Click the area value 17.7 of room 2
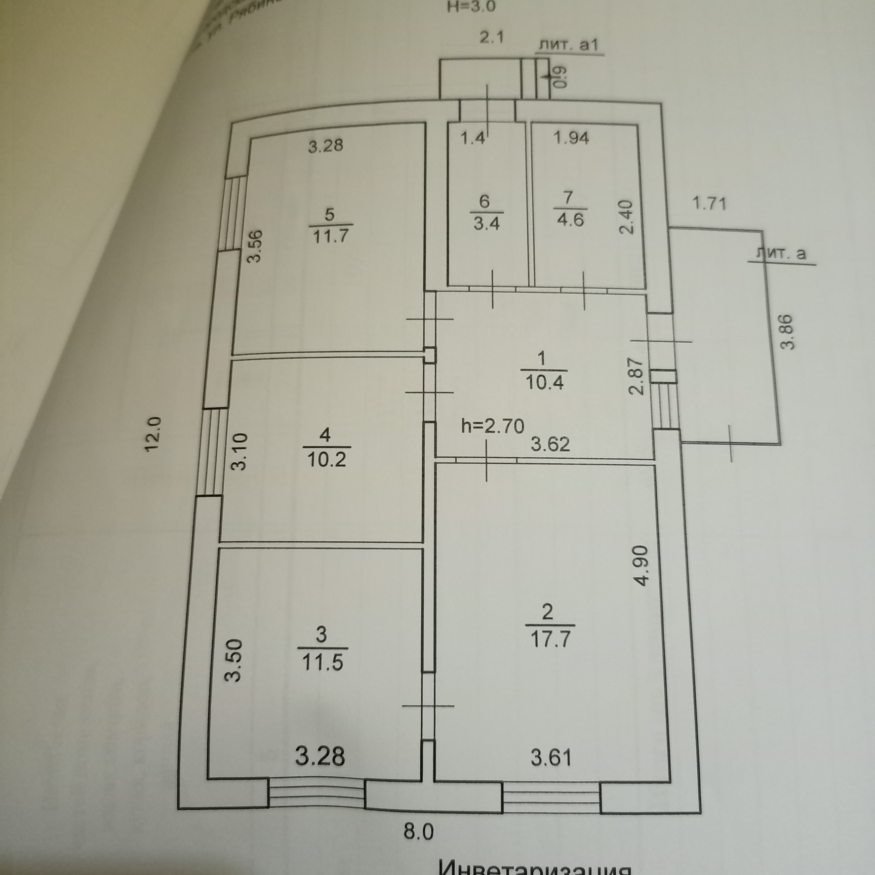(550, 640)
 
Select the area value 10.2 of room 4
(327, 459)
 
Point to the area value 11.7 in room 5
(331, 236)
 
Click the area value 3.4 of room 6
(486, 223)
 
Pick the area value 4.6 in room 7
(570, 220)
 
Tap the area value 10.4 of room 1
(544, 382)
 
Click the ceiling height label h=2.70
(493, 426)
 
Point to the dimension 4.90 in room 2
(641, 566)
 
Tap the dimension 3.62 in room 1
(550, 445)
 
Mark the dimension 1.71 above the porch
(709, 204)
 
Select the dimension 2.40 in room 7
(626, 217)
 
